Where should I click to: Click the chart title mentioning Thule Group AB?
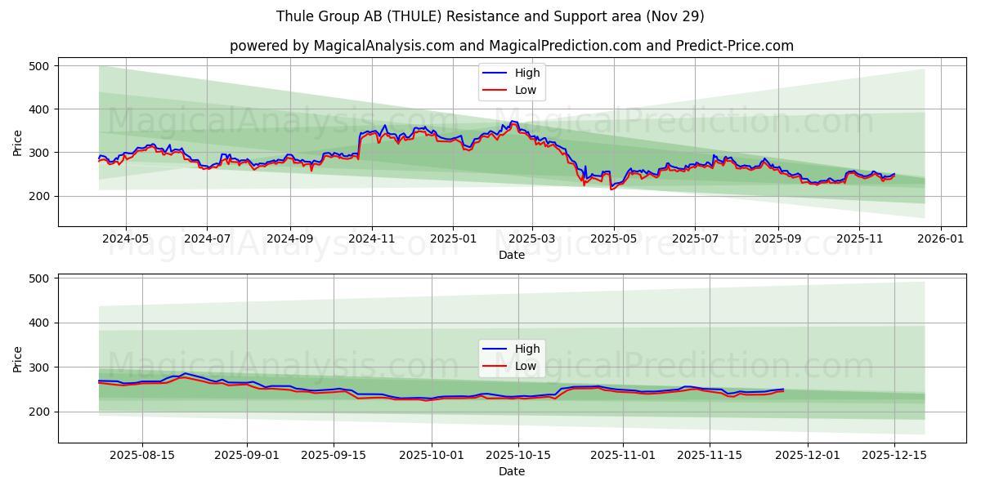[x=490, y=16]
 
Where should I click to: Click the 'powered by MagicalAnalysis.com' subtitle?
[x=511, y=46]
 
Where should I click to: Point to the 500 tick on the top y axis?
[x=38, y=65]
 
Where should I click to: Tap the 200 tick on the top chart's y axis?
[x=38, y=196]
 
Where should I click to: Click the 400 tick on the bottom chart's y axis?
[x=38, y=323]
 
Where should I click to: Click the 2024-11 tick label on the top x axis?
[x=372, y=239]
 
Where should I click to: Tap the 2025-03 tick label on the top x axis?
[x=532, y=239]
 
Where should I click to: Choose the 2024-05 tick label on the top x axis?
[x=126, y=239]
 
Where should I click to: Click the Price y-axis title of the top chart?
[x=18, y=143]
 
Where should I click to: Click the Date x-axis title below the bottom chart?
[x=511, y=471]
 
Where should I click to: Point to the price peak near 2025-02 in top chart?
[x=513, y=122]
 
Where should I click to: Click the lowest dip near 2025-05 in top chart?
[x=611, y=189]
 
